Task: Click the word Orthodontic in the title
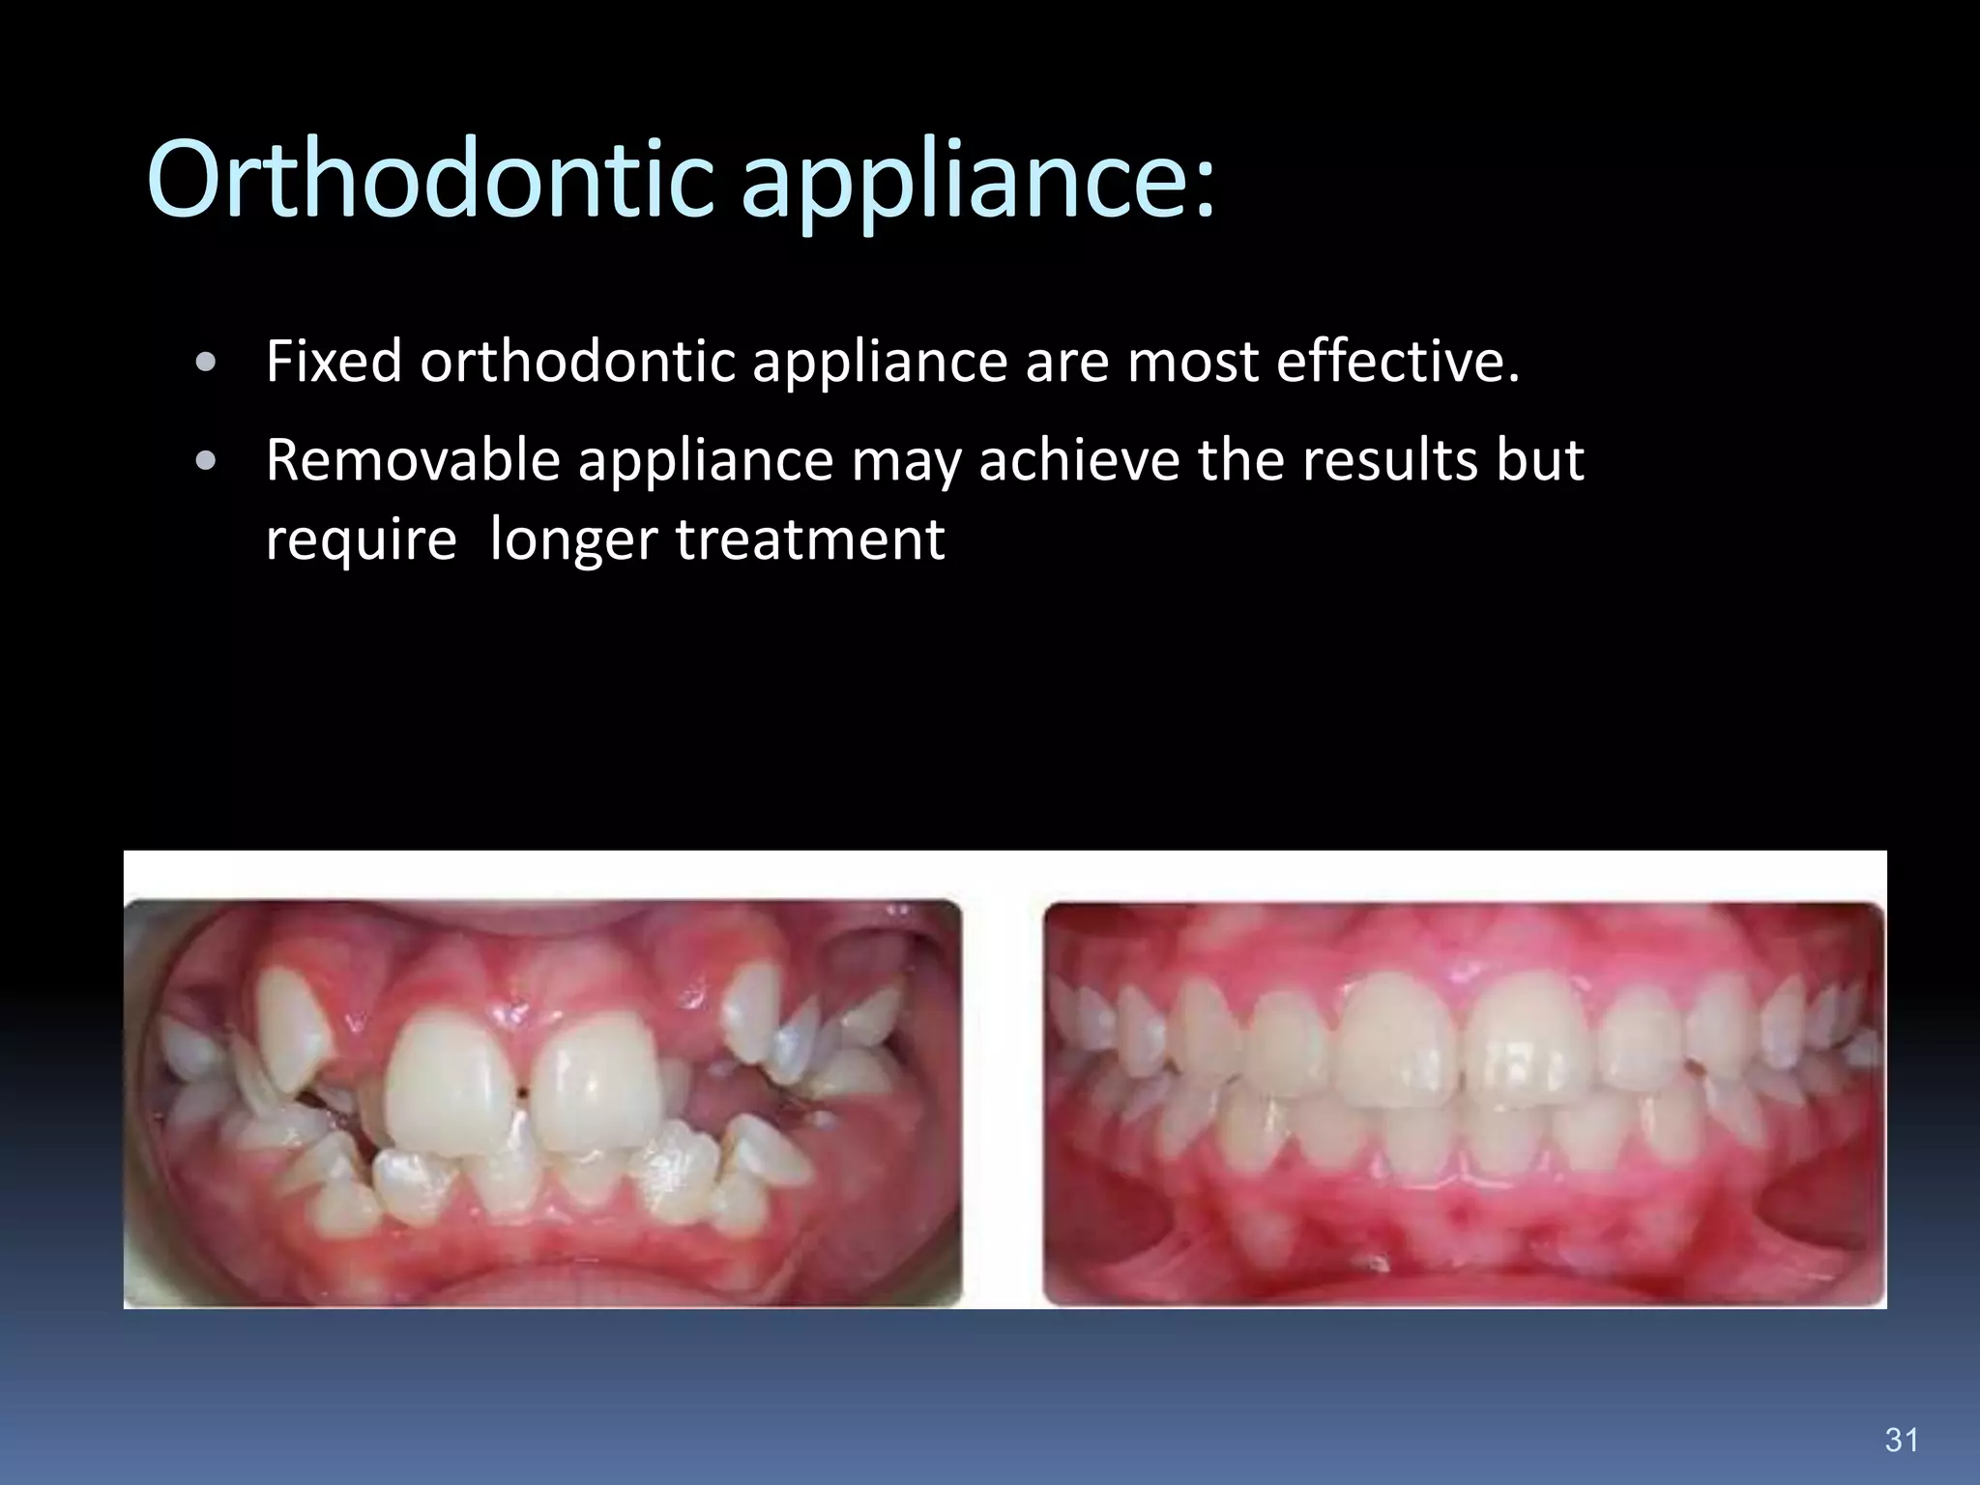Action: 430,179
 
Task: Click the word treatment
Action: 810,539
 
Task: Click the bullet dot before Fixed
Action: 205,364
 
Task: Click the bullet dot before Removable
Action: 205,461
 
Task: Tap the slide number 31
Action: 1901,1440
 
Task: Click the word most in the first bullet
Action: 1193,362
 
